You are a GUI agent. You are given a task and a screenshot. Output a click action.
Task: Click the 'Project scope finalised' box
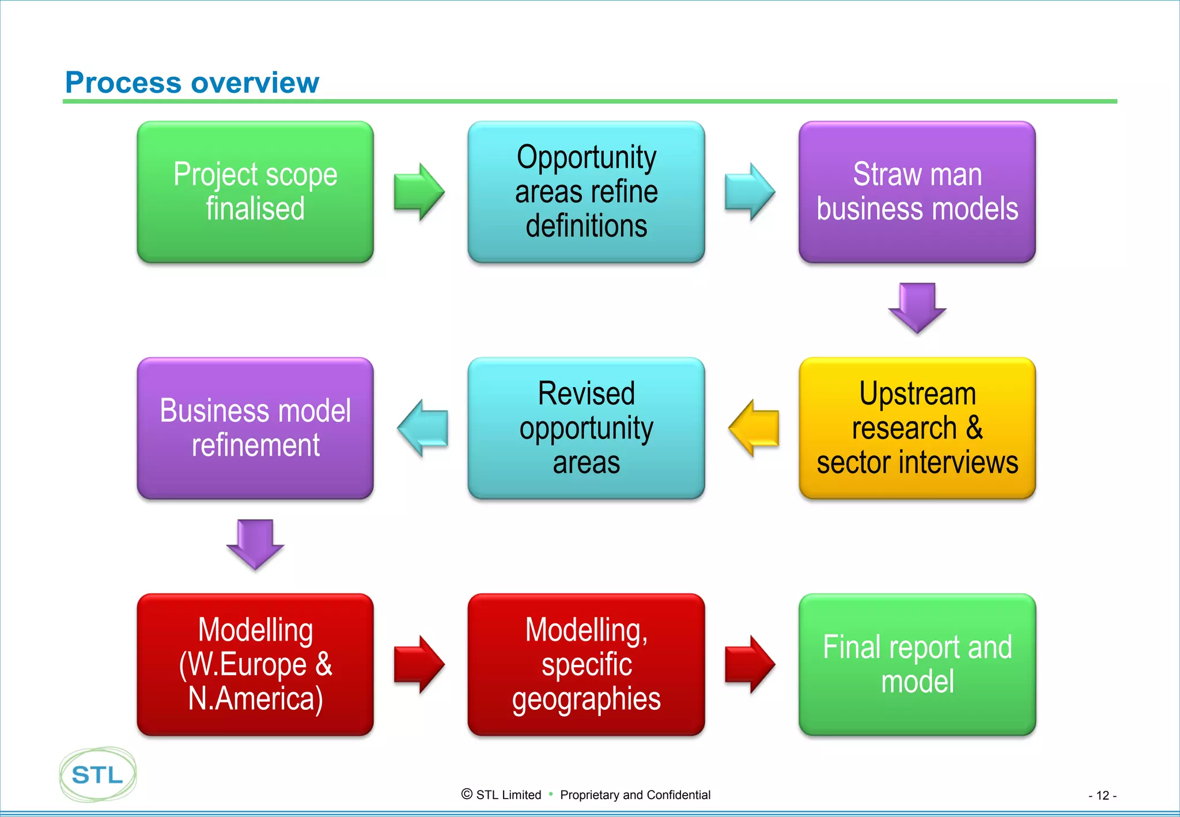[x=255, y=192]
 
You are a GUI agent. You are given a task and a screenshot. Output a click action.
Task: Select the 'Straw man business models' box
[x=917, y=192]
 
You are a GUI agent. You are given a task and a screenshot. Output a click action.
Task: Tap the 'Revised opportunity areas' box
[x=586, y=428]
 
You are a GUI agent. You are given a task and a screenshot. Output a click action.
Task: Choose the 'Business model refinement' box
[x=255, y=428]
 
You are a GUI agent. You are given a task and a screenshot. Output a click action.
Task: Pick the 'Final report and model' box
[x=917, y=664]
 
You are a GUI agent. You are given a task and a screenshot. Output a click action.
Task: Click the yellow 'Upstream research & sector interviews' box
[x=917, y=428]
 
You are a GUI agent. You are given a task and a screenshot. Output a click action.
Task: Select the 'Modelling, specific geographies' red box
[x=586, y=664]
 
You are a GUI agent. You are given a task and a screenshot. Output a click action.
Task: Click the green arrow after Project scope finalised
[x=419, y=192]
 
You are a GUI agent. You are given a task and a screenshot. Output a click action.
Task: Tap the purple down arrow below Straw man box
[x=917, y=307]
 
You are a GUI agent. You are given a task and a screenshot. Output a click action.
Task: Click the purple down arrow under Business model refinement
[x=255, y=543]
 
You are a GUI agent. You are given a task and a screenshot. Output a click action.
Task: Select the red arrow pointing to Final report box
[x=750, y=664]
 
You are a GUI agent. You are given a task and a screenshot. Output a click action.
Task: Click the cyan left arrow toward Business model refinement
[x=423, y=428]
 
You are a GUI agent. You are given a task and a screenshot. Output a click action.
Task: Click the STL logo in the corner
[x=97, y=774]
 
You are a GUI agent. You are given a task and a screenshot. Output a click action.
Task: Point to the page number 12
[x=1102, y=796]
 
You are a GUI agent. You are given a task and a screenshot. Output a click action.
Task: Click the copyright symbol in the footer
[x=467, y=794]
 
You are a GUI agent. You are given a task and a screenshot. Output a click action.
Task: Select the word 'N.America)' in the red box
[x=255, y=698]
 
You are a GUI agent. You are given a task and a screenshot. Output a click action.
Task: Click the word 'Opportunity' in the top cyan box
[x=586, y=157]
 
